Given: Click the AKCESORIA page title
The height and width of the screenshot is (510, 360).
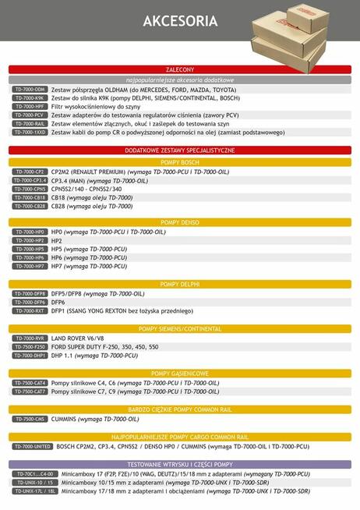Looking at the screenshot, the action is [180, 22].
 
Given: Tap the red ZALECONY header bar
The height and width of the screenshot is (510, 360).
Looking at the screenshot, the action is [180, 70].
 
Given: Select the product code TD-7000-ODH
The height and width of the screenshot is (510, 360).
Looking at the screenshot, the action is [30, 90].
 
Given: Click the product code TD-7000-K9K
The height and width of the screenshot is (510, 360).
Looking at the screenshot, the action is [30, 98].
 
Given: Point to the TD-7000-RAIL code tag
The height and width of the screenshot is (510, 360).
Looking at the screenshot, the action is [30, 124].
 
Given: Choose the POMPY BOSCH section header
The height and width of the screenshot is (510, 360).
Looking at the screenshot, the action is [180, 161].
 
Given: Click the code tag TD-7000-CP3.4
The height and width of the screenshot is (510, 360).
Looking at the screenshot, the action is [30, 180].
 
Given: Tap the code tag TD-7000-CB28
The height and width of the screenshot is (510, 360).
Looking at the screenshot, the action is [30, 206].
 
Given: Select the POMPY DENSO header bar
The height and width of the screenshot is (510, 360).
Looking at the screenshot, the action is [180, 223].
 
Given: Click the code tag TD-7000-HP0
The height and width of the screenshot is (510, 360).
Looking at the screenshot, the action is [30, 232].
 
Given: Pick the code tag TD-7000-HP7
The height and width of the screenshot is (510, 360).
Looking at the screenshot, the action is [30, 266].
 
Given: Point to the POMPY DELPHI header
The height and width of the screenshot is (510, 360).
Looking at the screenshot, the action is [180, 284].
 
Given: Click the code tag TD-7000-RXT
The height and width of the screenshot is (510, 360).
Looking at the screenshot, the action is [30, 310].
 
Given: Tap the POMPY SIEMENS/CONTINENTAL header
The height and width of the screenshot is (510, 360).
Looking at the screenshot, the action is [180, 328].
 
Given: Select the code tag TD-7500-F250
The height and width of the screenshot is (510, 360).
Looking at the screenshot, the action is [30, 346].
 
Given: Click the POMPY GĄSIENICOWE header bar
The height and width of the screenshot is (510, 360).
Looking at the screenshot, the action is [180, 374].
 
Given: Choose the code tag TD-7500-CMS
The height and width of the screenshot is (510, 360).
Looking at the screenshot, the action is [30, 419].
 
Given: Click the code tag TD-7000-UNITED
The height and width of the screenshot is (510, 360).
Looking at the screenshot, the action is [32, 447].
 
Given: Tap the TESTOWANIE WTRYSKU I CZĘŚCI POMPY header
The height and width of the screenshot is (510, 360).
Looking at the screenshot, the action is [180, 464].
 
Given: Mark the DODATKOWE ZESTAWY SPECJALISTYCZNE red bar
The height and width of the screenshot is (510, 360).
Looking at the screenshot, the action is [180, 149].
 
